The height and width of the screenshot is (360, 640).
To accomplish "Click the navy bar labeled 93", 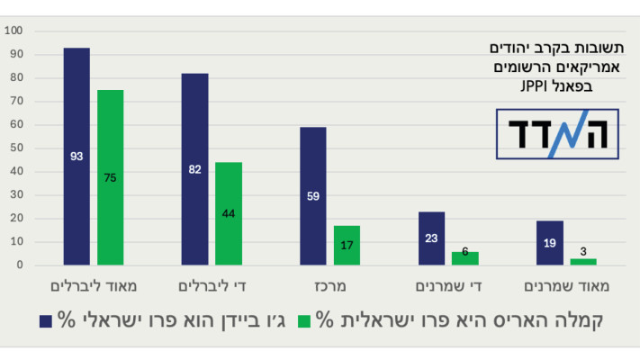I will click(x=77, y=157).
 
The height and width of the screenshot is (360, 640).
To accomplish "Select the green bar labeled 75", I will click(x=111, y=177).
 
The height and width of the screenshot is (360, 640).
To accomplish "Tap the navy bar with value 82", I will click(x=194, y=169).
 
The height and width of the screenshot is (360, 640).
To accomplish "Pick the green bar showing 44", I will click(x=229, y=213).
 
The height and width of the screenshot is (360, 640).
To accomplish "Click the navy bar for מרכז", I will click(x=313, y=196).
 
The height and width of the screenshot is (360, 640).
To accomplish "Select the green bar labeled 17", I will click(x=347, y=245).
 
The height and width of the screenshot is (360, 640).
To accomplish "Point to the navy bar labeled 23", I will click(x=431, y=238).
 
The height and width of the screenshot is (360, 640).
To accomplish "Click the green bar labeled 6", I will click(x=465, y=258).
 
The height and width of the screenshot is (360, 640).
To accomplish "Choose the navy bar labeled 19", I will click(x=550, y=243).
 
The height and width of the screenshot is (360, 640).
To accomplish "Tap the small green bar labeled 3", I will click(x=583, y=262).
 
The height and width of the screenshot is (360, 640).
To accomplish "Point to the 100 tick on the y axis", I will click(x=15, y=31).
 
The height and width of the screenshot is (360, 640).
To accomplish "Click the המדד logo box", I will click(x=558, y=134).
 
